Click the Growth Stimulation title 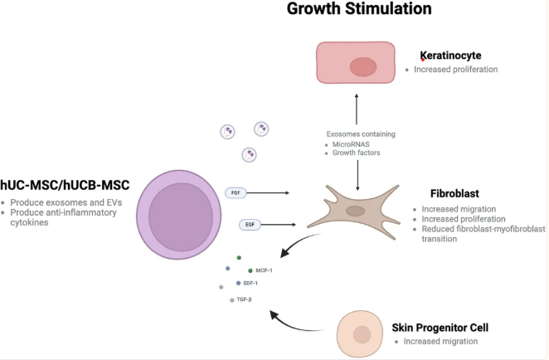tap(359, 9)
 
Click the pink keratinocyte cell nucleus tap(363, 66)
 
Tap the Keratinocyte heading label tap(450, 56)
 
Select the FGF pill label tap(236, 193)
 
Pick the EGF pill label tap(250, 225)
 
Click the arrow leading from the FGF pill tap(268, 193)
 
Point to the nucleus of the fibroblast tap(356, 212)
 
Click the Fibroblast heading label tap(454, 193)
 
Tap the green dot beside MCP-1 tap(250, 270)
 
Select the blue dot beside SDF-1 tap(239, 283)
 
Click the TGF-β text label tap(244, 299)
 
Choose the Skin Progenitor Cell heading tap(440, 328)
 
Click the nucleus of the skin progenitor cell tap(362, 334)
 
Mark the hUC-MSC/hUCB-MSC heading tap(65, 185)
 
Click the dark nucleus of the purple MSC tap(181, 217)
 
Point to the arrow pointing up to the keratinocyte tap(357, 109)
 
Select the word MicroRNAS tap(351, 144)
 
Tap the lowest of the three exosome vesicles tap(250, 154)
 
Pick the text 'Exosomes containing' tap(361, 134)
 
